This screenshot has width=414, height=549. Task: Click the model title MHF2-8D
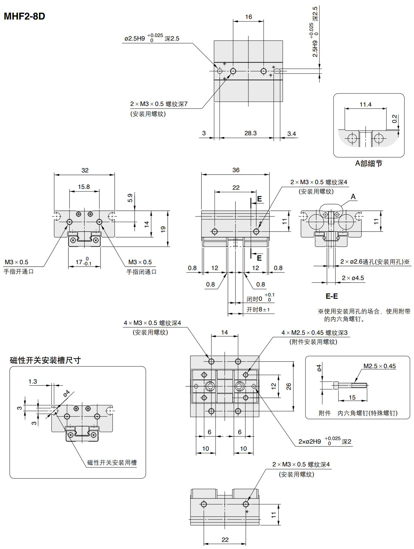coord(24,16)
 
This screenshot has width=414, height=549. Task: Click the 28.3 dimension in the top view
coord(250,133)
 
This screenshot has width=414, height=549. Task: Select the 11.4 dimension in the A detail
coord(365,104)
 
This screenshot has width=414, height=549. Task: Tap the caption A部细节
coord(368,163)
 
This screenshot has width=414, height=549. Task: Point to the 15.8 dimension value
coord(84,187)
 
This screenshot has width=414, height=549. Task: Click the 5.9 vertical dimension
coord(130,198)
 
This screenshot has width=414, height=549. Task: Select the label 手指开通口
coord(19,271)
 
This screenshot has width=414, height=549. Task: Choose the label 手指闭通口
coord(141,272)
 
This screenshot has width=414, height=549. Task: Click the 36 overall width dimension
coord(236,170)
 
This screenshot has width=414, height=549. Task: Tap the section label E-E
coord(331,296)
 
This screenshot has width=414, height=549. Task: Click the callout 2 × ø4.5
coord(353,278)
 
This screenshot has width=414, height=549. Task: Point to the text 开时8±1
coord(258,310)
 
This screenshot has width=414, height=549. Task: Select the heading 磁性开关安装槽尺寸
coord(45,360)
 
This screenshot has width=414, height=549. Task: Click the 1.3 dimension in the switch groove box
coord(33,381)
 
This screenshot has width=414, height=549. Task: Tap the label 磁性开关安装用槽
coord(112,463)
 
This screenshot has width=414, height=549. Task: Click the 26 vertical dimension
coord(289,386)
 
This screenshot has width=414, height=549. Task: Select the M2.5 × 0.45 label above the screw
coord(379,366)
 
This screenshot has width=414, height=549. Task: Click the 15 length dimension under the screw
coord(352,397)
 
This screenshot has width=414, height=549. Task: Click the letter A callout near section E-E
coord(353,197)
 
